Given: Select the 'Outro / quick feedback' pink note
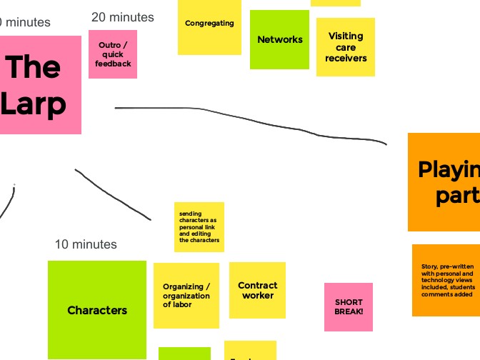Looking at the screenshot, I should pyautogui.click(x=113, y=54).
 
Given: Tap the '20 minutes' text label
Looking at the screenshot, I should pyautogui.click(x=123, y=17).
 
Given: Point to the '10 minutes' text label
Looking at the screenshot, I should pyautogui.click(x=86, y=244).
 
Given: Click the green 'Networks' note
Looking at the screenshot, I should pyautogui.click(x=279, y=40).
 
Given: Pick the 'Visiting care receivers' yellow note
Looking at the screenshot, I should pyautogui.click(x=346, y=47).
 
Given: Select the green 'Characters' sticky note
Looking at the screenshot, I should pyautogui.click(x=97, y=310).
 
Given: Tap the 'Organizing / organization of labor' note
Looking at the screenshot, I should pyautogui.click(x=186, y=296).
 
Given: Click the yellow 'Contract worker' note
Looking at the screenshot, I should pyautogui.click(x=257, y=290).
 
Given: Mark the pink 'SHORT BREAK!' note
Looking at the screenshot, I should pyautogui.click(x=349, y=307).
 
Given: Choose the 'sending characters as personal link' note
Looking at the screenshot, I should pyautogui.click(x=199, y=227).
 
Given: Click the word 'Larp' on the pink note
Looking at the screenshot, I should pyautogui.click(x=34, y=104).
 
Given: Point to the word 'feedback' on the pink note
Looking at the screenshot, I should pyautogui.click(x=113, y=64).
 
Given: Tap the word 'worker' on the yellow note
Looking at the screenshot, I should pyautogui.click(x=258, y=295).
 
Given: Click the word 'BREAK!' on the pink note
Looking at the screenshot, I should pyautogui.click(x=349, y=312).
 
